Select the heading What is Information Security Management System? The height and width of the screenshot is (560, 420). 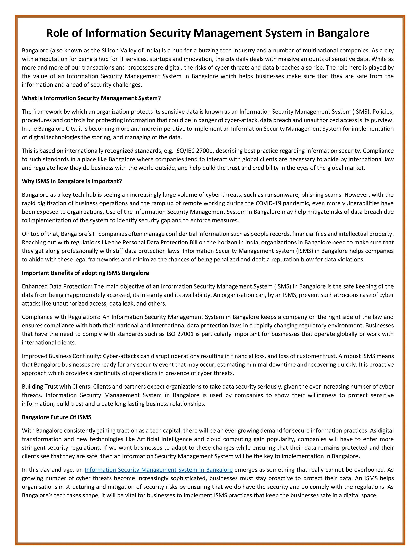pos(91,98)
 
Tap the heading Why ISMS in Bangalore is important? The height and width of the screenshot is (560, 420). pos(72,181)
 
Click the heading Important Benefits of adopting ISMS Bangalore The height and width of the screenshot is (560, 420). pos(85,273)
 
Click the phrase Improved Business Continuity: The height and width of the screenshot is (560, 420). pos(62,356)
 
